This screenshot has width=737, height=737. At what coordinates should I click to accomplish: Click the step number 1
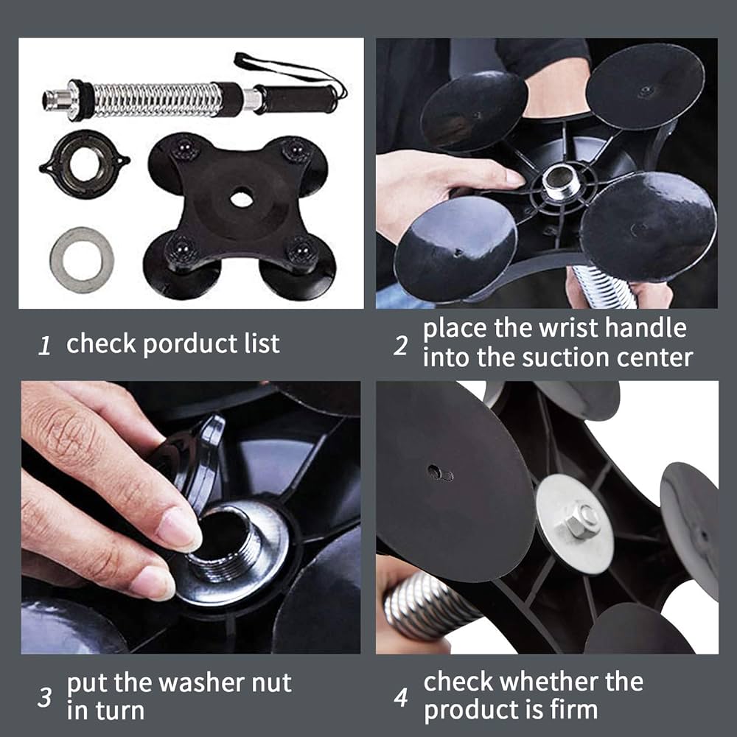44,346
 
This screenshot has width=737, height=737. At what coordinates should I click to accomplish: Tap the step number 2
400,346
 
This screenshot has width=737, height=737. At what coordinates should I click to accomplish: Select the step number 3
45,697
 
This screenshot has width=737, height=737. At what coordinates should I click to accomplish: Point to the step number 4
401,697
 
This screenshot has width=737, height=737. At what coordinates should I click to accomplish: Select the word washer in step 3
202,683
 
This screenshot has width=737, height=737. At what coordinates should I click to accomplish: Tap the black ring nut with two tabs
84,164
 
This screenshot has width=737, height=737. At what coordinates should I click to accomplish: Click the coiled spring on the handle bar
157,99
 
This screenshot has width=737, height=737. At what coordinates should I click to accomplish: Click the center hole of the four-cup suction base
242,198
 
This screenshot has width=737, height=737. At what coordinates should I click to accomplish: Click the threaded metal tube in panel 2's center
561,181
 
